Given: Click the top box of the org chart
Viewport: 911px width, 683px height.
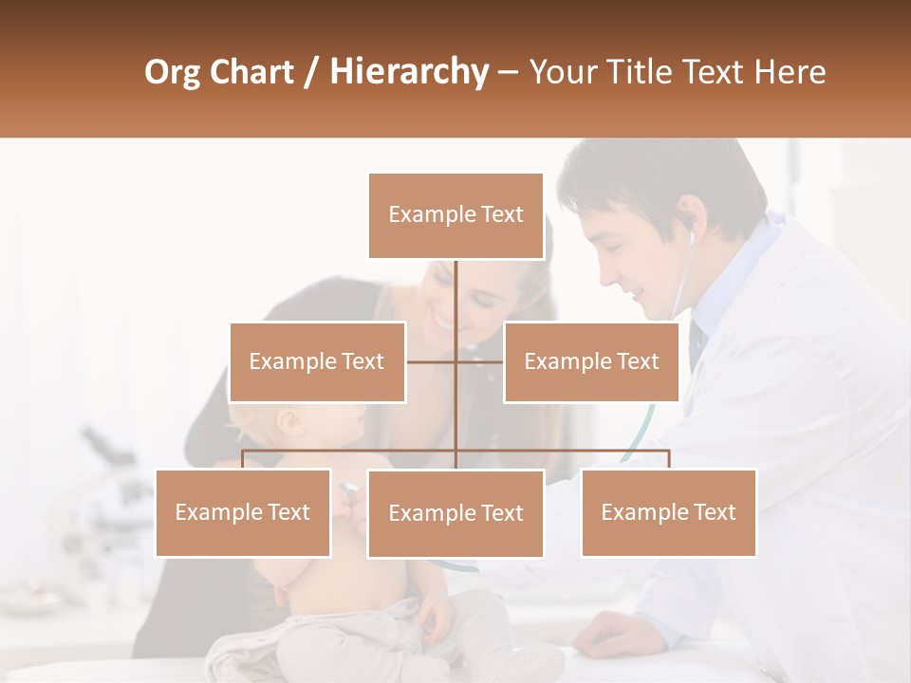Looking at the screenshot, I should point(455,215).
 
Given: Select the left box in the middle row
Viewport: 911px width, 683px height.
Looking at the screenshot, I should point(317,361).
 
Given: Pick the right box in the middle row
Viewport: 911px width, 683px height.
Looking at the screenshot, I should point(591,361).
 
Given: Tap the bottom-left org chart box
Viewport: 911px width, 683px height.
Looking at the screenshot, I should point(243,512).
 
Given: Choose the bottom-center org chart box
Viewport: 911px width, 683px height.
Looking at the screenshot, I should point(455,513).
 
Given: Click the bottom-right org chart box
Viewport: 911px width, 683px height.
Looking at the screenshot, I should point(668,512).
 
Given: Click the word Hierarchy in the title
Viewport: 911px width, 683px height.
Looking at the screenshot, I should point(409,72).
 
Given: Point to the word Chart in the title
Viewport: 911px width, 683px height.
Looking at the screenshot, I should point(251,72).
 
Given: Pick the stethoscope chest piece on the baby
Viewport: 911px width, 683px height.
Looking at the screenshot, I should point(348,490).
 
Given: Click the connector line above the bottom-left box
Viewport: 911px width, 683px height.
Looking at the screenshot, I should point(243,458).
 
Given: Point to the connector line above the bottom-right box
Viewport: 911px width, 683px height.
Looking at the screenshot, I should point(668,458).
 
